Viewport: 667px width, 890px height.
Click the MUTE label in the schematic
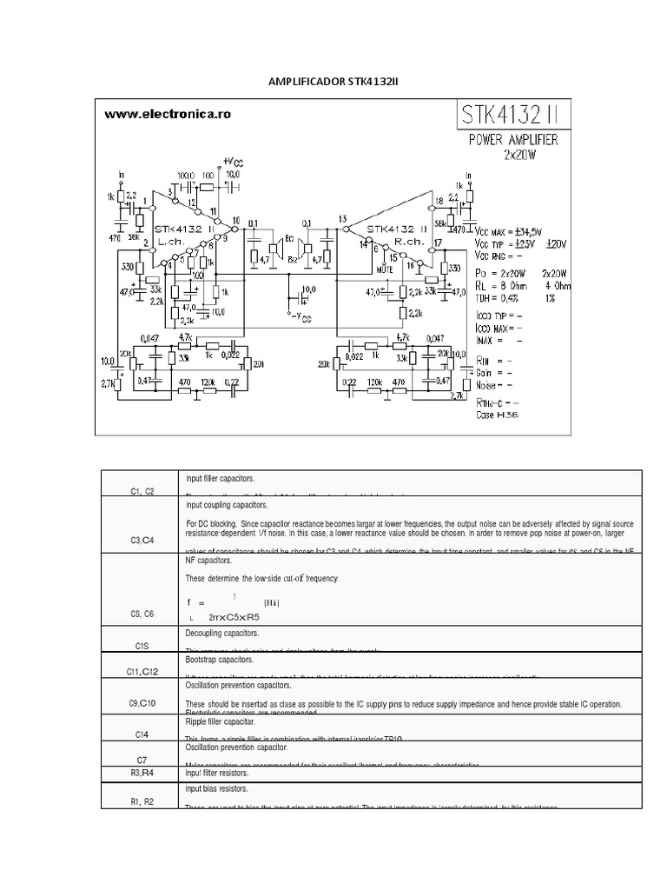coord(386,269)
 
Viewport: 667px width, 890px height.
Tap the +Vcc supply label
coord(232,162)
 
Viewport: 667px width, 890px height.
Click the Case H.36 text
coord(498,416)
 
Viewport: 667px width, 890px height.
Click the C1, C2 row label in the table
coord(142,491)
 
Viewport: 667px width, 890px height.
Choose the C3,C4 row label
coord(142,541)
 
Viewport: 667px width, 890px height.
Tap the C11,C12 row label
coord(142,671)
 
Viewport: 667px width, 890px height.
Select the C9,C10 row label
coord(142,702)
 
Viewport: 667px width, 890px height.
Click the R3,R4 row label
coord(142,772)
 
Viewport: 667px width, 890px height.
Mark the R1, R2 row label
coord(142,800)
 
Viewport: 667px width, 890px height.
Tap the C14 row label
coord(142,734)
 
